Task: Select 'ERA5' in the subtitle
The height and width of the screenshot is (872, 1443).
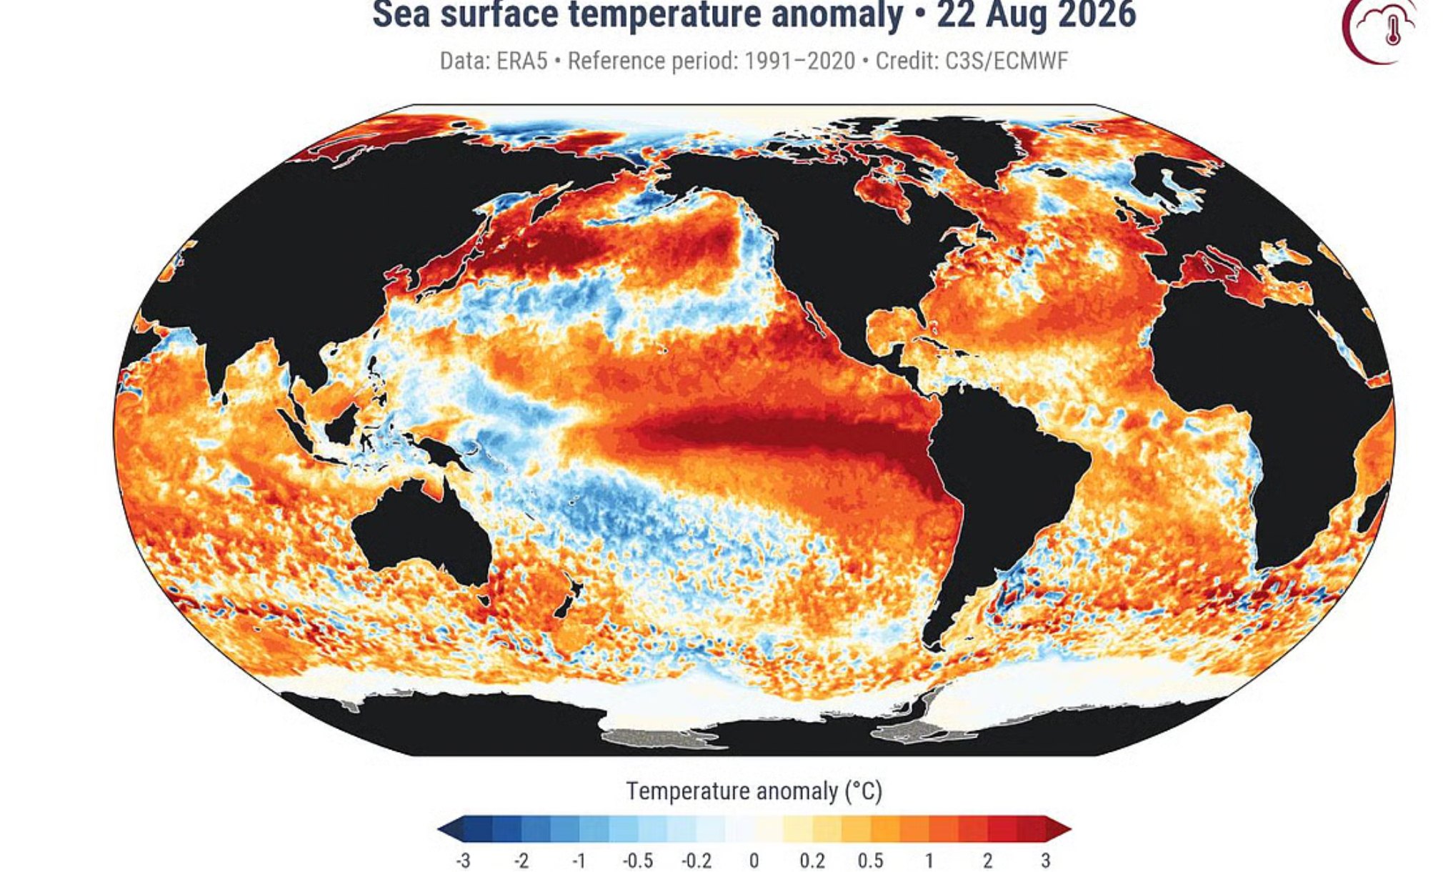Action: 522,61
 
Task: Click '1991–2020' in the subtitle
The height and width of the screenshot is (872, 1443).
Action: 799,61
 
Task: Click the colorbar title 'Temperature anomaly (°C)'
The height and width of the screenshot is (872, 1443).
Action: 754,791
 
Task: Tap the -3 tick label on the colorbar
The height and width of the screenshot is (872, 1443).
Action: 463,861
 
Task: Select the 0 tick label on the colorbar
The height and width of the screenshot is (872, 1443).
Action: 754,861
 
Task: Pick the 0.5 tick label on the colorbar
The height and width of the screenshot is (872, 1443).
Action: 871,861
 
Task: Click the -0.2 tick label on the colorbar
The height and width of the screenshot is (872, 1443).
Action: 696,861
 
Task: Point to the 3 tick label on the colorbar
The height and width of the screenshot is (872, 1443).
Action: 1045,861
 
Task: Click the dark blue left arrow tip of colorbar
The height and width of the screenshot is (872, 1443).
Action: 443,830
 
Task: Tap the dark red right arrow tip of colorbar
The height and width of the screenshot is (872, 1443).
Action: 1064,830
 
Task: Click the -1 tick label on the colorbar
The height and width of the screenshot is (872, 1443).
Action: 579,861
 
